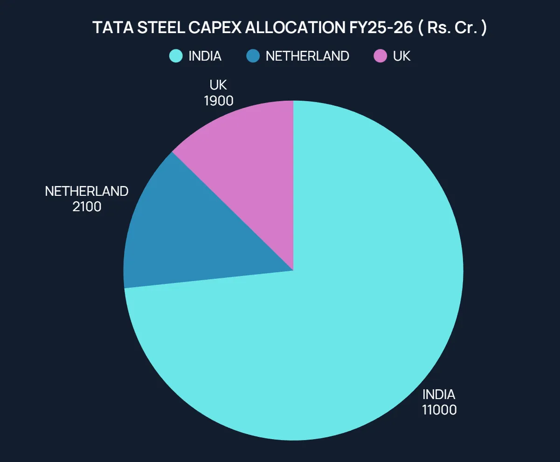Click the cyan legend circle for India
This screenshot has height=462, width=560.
coord(176,56)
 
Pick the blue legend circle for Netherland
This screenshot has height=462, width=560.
coord(253,56)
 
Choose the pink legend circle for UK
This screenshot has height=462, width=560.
coord(380,56)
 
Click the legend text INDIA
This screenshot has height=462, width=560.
coord(205,56)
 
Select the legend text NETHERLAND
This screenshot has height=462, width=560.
coord(307,56)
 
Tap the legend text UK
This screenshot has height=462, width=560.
coord(401,56)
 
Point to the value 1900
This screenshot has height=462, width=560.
coord(219,100)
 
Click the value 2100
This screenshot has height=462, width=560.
coord(87,206)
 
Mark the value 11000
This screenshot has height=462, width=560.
coord(439,410)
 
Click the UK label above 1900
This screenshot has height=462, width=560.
coord(218,85)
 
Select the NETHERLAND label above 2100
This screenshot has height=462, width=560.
coord(87,191)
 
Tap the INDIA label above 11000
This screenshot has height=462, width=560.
coord(439,394)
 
